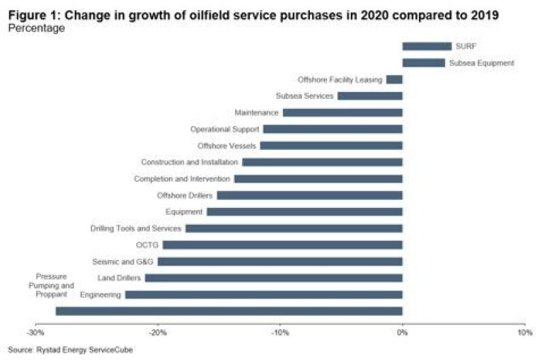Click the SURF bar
pyautogui.click(x=426, y=46)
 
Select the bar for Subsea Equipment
pyautogui.click(x=423, y=63)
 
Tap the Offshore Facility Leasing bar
pyautogui.click(x=394, y=80)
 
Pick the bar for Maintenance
pyautogui.click(x=343, y=112)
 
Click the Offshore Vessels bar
pyautogui.click(x=331, y=145)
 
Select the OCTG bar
pyautogui.click(x=283, y=245)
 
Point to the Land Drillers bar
pyautogui.click(x=274, y=278)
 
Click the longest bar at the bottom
pyautogui.click(x=229, y=311)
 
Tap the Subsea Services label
pyautogui.click(x=305, y=96)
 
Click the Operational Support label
pyautogui.click(x=225, y=129)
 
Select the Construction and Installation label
pyautogui.click(x=189, y=162)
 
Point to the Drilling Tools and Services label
pyautogui.click(x=136, y=228)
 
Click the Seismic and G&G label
pyautogui.click(x=124, y=262)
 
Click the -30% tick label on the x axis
pyautogui.click(x=35, y=333)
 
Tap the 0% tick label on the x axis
pyautogui.click(x=403, y=333)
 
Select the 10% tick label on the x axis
pyautogui.click(x=525, y=333)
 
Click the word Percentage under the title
pyautogui.click(x=37, y=29)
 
